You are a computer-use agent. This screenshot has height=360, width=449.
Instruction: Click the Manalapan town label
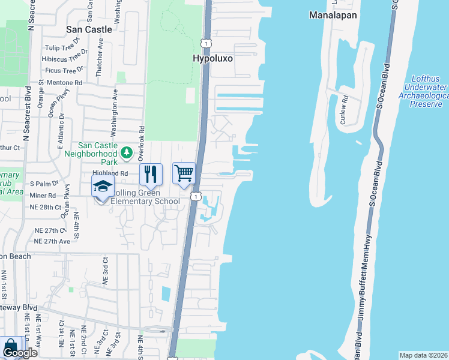point(333,15)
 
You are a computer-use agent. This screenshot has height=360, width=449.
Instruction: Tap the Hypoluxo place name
point(212,58)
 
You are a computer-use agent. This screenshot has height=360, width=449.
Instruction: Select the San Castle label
point(89,29)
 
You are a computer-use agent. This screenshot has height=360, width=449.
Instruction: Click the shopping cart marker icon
point(184,174)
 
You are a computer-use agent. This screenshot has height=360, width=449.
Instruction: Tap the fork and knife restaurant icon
point(151,174)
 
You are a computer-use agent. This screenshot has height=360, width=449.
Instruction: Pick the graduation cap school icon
point(103,186)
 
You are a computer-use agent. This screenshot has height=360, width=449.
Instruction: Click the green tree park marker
point(126,153)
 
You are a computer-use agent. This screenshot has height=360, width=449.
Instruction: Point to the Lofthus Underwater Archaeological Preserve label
point(429,91)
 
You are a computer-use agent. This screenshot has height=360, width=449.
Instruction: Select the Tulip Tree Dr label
point(64,49)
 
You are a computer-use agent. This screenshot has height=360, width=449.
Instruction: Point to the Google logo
point(19,353)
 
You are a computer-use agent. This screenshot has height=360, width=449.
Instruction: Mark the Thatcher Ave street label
point(100,53)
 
